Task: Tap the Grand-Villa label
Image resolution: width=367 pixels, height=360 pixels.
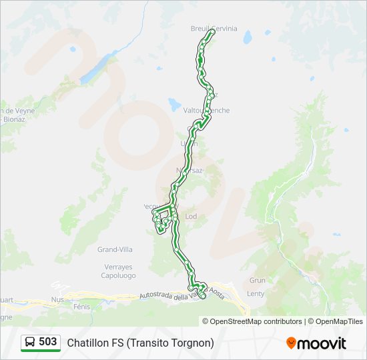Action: point(115,249)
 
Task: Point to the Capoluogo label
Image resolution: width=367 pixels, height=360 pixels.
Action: point(118,275)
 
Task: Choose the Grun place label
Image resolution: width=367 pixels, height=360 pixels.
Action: point(257,281)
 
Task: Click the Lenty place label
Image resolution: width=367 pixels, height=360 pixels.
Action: point(256,293)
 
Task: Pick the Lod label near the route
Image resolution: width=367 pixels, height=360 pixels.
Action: point(191,217)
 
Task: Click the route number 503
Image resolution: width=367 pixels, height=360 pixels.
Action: point(48,342)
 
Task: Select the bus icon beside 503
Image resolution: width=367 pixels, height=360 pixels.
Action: point(30,342)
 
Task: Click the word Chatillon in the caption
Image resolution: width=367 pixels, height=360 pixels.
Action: point(89,343)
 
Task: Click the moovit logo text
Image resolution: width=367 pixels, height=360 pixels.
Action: point(322,343)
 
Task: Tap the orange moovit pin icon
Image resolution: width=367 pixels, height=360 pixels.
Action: point(291,343)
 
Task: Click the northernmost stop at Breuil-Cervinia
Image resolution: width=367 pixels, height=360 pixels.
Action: point(212,31)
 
